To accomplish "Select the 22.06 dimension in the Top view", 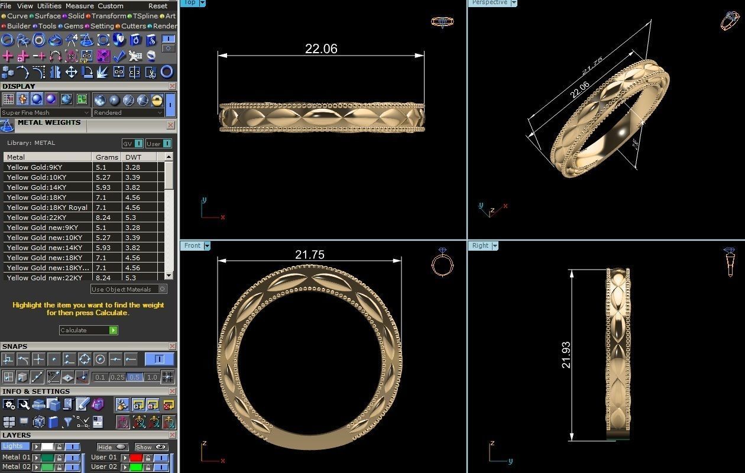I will click(321, 49).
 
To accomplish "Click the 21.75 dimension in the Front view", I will click(309, 255).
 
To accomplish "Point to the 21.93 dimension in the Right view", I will click(566, 355).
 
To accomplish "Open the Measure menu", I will click(79, 6).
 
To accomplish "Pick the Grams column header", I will click(106, 157).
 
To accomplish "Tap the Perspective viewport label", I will click(489, 2).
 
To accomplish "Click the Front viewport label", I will click(192, 245).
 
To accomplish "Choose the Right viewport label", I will click(480, 245).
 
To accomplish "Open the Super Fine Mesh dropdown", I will click(45, 112).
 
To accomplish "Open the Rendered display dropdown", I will click(128, 112).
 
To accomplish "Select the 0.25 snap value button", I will click(117, 377).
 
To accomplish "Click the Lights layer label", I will click(13, 446).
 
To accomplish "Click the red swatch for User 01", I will click(137, 458).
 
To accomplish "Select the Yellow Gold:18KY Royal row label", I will click(47, 208).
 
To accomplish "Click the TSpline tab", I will click(145, 16).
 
